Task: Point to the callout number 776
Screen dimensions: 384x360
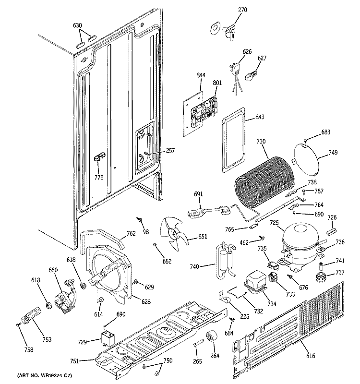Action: coord(98,178)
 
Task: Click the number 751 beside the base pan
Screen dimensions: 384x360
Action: coord(74,361)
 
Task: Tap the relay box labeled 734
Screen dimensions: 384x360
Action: coord(255,282)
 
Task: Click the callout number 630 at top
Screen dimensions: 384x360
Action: coord(77,25)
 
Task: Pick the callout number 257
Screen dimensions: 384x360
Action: coord(170,151)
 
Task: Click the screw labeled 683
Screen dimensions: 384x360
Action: coord(305,140)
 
